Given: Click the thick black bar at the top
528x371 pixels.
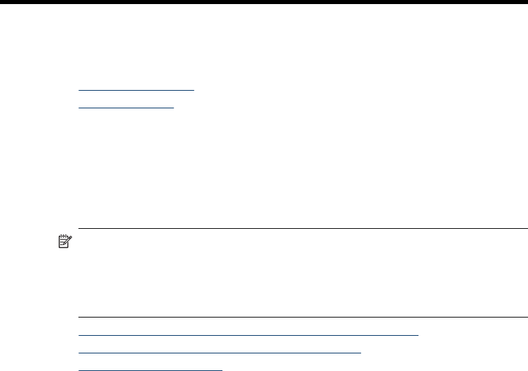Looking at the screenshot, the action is (x=264, y=2).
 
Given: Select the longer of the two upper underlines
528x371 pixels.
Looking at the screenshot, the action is (x=136, y=89).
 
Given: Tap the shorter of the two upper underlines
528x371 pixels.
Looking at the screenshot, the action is (x=126, y=107).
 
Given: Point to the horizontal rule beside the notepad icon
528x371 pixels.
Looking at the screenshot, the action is (x=303, y=229).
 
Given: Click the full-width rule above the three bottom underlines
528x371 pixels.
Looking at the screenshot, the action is (x=303, y=316).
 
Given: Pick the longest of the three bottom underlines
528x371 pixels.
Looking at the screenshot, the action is (x=249, y=334).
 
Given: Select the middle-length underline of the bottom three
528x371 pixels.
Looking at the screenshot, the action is (x=220, y=352).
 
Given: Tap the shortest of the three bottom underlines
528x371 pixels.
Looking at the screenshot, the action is (x=150, y=370).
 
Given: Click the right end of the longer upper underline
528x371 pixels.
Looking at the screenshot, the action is (x=193, y=89).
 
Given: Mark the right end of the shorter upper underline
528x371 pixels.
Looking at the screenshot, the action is (x=174, y=107).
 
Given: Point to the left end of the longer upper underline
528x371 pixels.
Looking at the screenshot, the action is (x=79, y=89).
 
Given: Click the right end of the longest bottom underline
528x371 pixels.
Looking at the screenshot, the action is (x=418, y=334).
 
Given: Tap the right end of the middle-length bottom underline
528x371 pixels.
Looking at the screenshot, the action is (x=362, y=352).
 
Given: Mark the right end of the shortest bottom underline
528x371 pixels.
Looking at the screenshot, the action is (x=222, y=370).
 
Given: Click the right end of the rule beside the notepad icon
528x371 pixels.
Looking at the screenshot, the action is (x=527, y=229).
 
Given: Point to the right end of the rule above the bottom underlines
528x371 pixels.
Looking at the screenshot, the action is (x=527, y=316).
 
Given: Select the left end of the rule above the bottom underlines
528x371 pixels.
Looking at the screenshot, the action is (x=79, y=316).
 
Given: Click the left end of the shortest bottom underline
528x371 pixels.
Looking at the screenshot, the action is (x=79, y=370).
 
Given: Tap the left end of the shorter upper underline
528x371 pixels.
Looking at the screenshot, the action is (x=79, y=107).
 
